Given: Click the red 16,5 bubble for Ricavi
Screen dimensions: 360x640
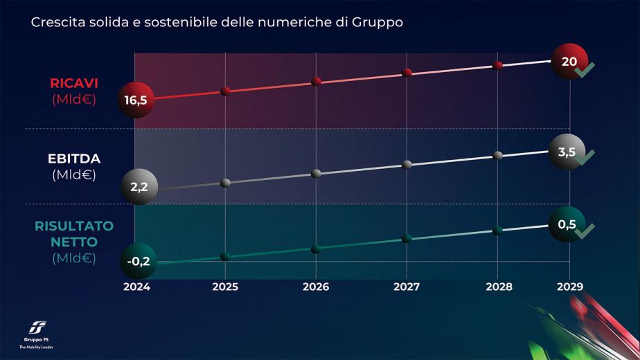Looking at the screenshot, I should [x=136, y=100].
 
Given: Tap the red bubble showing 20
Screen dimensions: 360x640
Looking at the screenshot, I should [x=569, y=62].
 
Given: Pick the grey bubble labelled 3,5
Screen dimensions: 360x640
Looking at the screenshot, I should [x=567, y=152].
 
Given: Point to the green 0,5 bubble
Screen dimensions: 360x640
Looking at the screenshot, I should [x=567, y=224].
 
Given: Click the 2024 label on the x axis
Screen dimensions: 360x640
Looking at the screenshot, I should [x=136, y=286].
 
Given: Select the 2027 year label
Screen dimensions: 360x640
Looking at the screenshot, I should [x=407, y=286].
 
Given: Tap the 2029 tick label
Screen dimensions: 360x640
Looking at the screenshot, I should [x=569, y=286].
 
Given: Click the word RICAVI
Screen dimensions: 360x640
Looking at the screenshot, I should [x=74, y=83].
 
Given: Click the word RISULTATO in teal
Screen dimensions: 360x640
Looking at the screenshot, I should [x=74, y=226].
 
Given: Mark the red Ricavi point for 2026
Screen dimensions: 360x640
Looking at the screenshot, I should [x=317, y=82].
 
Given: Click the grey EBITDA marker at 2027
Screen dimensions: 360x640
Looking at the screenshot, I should [x=407, y=164].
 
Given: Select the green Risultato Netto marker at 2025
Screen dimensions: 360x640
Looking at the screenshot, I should [x=225, y=256].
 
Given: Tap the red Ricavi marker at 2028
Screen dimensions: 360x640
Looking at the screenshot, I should [x=498, y=65].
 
